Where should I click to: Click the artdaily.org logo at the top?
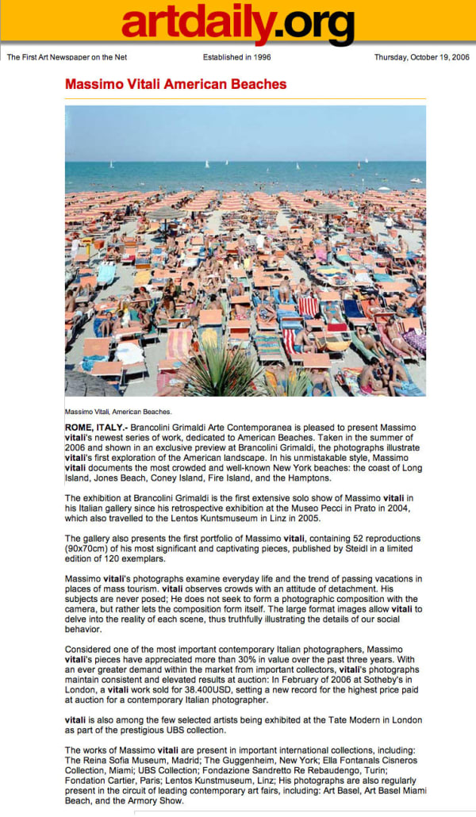coord(237,24)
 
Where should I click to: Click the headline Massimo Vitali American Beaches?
coord(175,84)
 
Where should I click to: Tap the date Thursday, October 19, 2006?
coord(420,57)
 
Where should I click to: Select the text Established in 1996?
coord(237,57)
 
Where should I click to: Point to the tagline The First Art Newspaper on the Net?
coord(67,57)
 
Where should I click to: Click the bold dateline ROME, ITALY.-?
coord(93,428)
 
